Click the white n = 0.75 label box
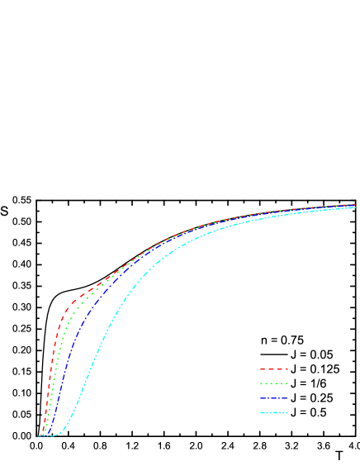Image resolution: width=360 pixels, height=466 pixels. [282, 340]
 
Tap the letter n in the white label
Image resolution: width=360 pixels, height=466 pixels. [265, 340]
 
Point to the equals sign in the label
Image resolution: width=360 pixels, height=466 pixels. [274, 340]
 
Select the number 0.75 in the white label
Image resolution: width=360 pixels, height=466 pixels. [291, 340]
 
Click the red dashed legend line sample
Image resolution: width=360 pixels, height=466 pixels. [274, 369]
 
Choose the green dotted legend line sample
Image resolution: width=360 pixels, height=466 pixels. [274, 383]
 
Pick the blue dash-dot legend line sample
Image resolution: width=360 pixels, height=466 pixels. [274, 398]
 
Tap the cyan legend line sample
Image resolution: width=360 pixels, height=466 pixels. [274, 412]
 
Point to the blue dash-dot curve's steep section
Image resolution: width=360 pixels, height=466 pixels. [64, 364]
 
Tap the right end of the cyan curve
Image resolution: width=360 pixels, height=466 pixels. [355, 207]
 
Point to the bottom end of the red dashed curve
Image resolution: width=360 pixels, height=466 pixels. [40, 435]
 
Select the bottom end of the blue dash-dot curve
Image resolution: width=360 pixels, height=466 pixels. [47, 435]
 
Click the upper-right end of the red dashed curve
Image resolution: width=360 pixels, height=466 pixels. [355, 204]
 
